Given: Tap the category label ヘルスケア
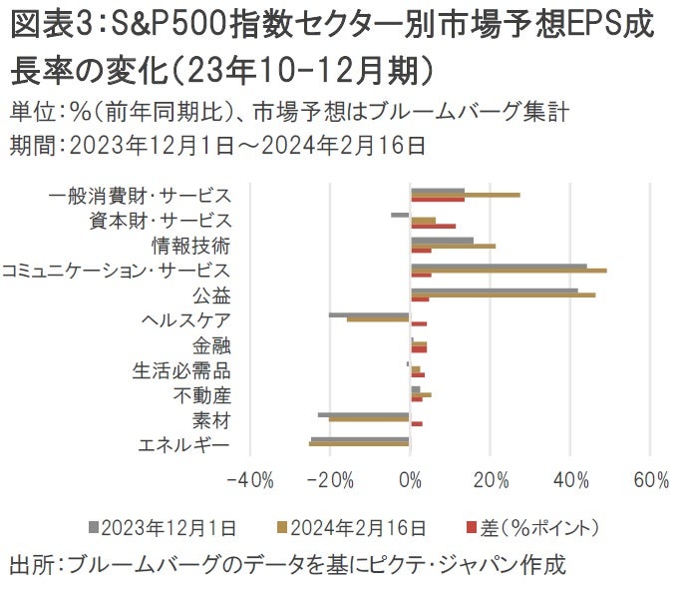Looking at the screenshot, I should click(x=186, y=320).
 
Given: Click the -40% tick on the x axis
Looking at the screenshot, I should click(x=250, y=481).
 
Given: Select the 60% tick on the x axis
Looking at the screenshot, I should click(x=650, y=481).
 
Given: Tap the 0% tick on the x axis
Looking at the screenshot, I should click(x=410, y=481).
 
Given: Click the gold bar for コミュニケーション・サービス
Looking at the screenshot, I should click(x=509, y=271).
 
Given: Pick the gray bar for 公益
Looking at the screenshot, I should click(x=494, y=291).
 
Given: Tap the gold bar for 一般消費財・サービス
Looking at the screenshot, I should click(x=465, y=195).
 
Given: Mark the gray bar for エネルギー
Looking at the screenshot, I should click(x=360, y=439).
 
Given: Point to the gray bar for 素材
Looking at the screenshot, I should click(x=364, y=414).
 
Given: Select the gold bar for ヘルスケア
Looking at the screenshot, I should click(x=378, y=319).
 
